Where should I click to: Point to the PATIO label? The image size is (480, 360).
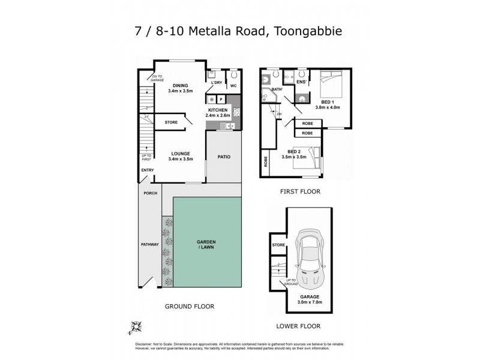coord(224,157)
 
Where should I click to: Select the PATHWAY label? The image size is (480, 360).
coord(149,244)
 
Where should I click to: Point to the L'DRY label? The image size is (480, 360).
coord(216,83)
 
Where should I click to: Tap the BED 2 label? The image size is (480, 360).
coord(295,154)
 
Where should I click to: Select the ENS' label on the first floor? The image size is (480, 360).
coord(302,82)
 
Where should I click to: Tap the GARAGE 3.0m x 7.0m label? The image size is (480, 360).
coord(311,299)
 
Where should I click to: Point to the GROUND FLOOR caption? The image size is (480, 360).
coord(190,306)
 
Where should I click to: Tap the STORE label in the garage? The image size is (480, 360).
coord(278,245)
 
